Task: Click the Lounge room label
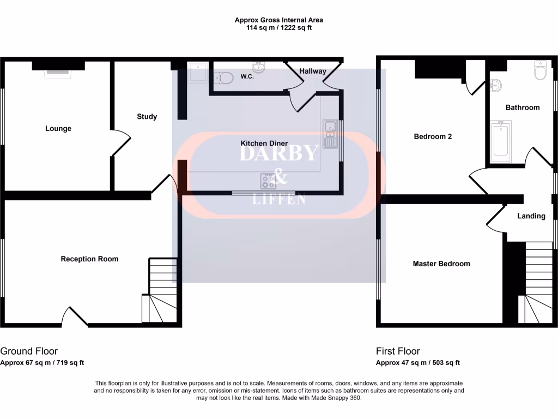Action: pyautogui.click(x=58, y=129)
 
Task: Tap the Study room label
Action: pyautogui.click(x=147, y=116)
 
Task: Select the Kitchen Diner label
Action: pyautogui.click(x=264, y=143)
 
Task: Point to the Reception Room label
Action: pyautogui.click(x=89, y=259)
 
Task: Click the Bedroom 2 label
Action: pyautogui.click(x=433, y=136)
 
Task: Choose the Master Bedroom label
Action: pyautogui.click(x=441, y=264)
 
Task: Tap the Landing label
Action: pyautogui.click(x=531, y=216)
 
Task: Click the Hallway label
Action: pyautogui.click(x=313, y=71)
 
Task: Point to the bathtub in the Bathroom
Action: pyautogui.click(x=500, y=142)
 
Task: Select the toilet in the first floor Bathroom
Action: pyautogui.click(x=541, y=70)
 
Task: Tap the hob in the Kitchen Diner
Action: pyautogui.click(x=268, y=179)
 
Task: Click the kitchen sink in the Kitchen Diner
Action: pyautogui.click(x=330, y=134)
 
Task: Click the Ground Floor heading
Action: pyautogui.click(x=29, y=351)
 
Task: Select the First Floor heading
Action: pyautogui.click(x=398, y=351)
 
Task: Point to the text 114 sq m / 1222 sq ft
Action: pyautogui.click(x=278, y=27)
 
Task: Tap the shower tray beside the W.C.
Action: pyautogui.click(x=197, y=73)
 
